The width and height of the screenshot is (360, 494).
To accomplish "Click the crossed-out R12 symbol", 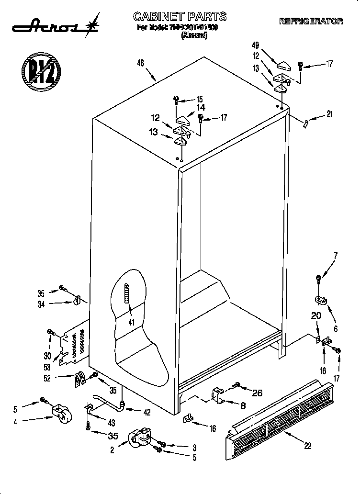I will (x=40, y=72).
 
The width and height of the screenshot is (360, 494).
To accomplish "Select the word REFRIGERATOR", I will (x=311, y=21).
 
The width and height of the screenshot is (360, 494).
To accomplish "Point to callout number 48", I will (x=140, y=63).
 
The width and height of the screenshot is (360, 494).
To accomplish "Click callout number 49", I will (x=255, y=45).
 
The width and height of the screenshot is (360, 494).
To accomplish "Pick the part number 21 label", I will (x=329, y=114).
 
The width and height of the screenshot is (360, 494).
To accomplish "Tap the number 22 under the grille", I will (x=307, y=446).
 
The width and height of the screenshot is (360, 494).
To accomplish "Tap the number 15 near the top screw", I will (x=199, y=99).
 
